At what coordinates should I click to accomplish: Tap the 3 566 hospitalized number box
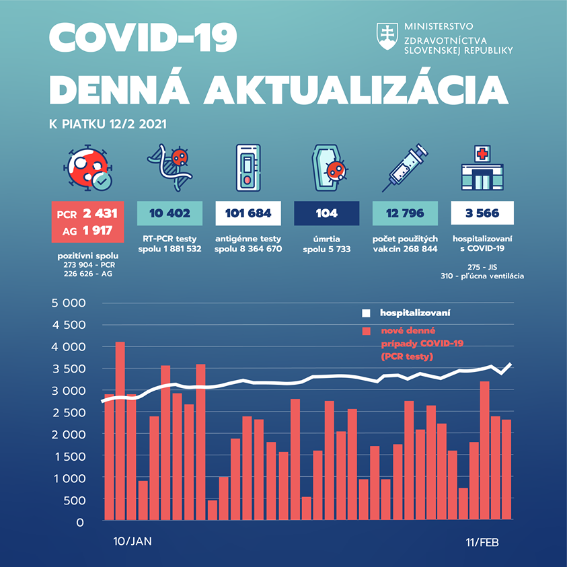click(x=482, y=213)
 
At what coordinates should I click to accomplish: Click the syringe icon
click(x=402, y=167)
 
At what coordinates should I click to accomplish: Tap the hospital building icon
click(x=482, y=169)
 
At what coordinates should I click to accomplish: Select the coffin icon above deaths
click(x=326, y=169)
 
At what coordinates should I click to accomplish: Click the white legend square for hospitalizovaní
click(x=367, y=313)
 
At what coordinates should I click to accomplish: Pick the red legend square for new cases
click(x=367, y=331)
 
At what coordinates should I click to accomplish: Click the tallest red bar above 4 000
click(x=120, y=430)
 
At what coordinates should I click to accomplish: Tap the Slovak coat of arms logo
click(x=387, y=38)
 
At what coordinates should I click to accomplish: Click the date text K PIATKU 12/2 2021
click(x=108, y=124)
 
